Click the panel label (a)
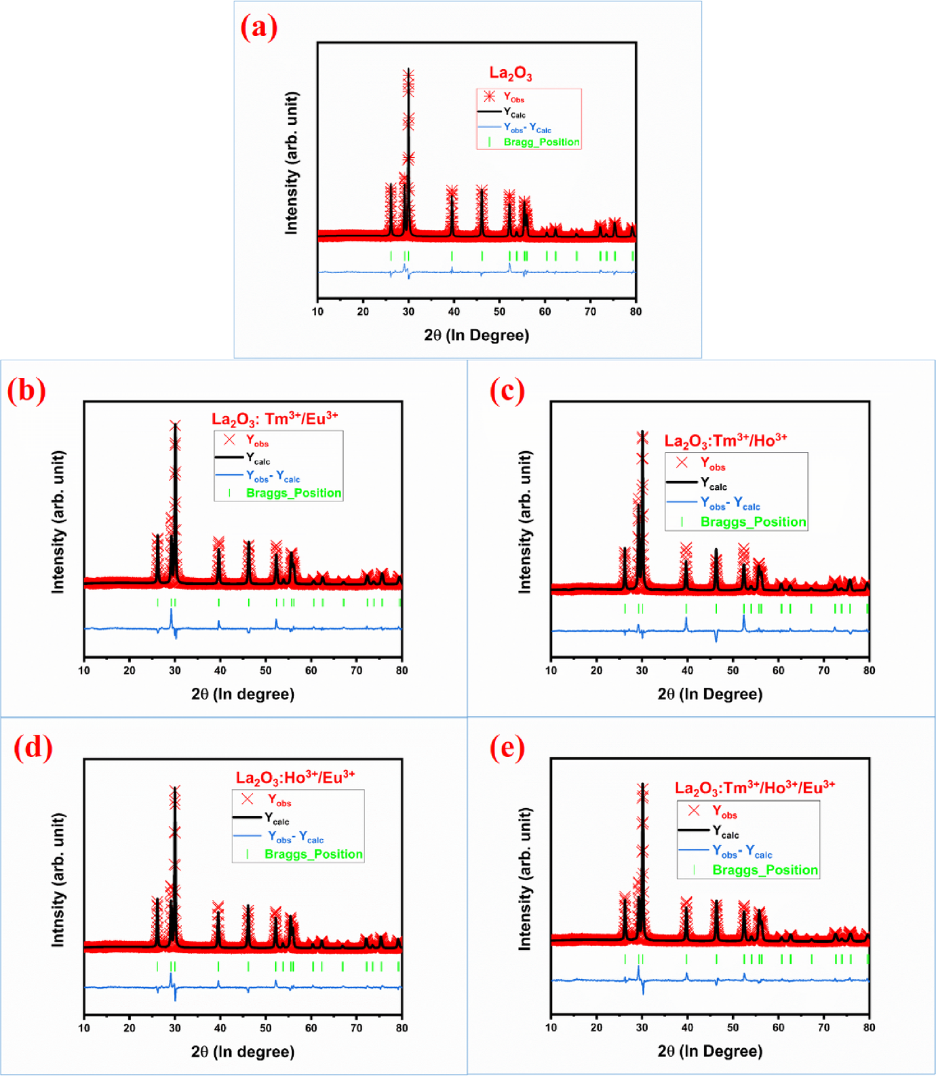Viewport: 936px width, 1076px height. (259, 28)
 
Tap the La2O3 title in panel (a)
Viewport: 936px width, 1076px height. (511, 73)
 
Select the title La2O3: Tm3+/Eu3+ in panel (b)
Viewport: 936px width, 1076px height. (275, 419)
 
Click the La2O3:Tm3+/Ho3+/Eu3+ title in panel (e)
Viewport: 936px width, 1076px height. (754, 788)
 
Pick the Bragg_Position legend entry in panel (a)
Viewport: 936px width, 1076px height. (541, 142)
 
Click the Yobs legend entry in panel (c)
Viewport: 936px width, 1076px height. (712, 465)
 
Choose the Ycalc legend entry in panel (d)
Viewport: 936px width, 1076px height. (277, 819)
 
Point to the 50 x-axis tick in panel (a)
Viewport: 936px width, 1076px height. (499, 311)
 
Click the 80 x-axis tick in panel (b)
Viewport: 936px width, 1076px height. (402, 670)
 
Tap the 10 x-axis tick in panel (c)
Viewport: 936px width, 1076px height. (551, 670)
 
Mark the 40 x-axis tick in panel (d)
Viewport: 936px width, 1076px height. (220, 1028)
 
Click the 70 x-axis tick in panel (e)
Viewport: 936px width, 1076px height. (823, 1028)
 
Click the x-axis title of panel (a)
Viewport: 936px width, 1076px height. (476, 335)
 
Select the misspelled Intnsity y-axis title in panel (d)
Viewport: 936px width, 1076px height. (59, 879)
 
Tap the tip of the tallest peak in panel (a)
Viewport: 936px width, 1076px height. (408, 71)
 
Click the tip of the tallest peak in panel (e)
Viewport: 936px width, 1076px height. (642, 786)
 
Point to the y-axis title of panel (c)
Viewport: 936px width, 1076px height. (525, 522)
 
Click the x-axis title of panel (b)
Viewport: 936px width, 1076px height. (242, 694)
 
